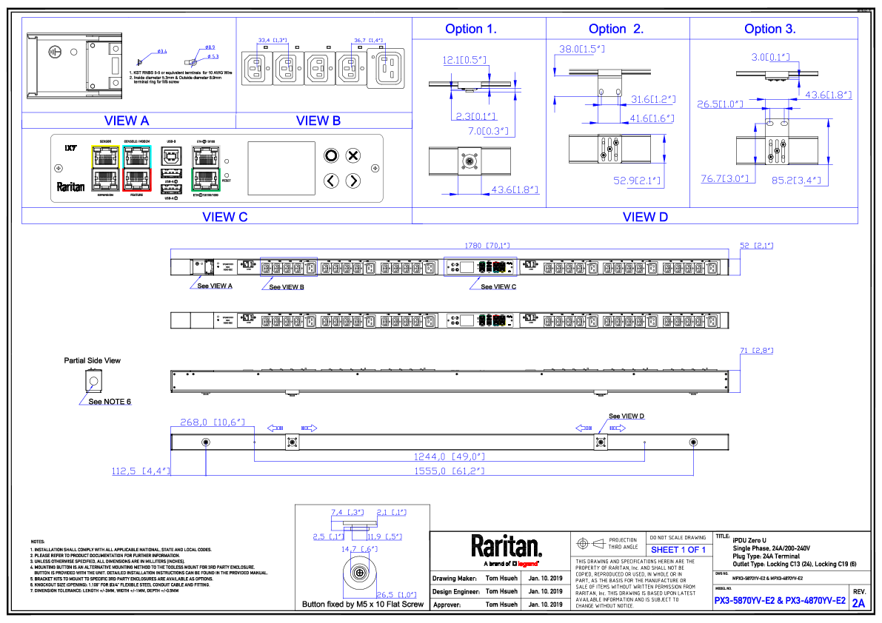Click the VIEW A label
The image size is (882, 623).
point(127,121)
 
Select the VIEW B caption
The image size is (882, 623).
point(318,121)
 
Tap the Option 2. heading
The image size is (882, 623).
point(616,30)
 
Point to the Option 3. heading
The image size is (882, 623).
point(770,30)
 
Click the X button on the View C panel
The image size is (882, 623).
point(353,155)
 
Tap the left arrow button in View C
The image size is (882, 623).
point(332,181)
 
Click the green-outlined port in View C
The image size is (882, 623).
point(205,180)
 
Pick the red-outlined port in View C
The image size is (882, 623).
point(137,180)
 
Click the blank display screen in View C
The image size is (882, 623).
point(281,168)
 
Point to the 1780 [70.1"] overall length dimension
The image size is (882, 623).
point(487,245)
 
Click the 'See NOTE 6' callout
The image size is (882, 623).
point(110,402)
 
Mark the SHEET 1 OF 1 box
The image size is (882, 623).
point(678,550)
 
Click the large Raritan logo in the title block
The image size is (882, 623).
point(507,547)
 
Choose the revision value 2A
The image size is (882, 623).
point(859,603)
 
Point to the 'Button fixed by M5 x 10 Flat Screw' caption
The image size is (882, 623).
point(363,605)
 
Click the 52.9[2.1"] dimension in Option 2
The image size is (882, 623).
point(635,180)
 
